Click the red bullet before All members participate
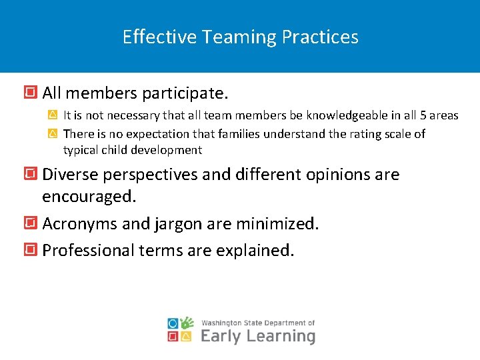(x=30, y=91)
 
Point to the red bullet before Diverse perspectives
(x=30, y=175)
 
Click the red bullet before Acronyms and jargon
(x=30, y=223)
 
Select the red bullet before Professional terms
(x=30, y=250)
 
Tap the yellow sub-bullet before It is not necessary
(x=53, y=115)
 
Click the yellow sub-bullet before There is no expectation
(x=53, y=134)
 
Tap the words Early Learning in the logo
(x=257, y=336)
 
